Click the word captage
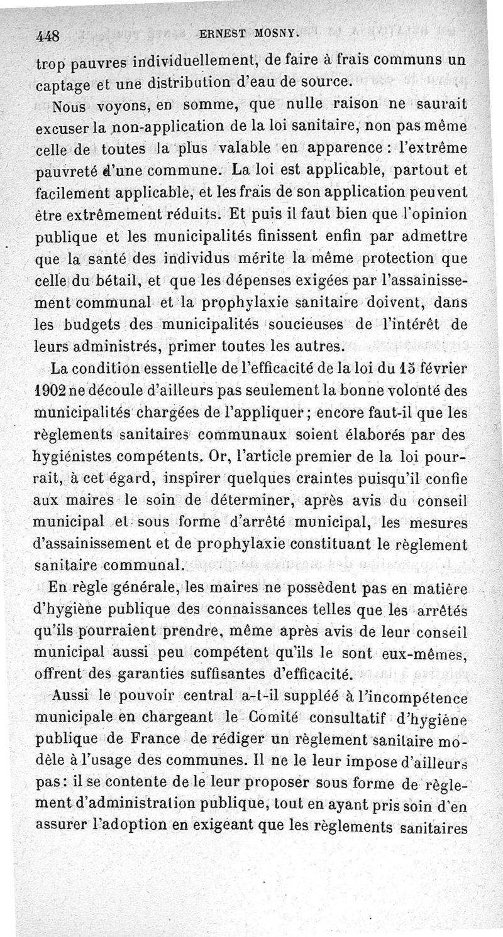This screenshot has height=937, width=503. pyautogui.click(x=62, y=82)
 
